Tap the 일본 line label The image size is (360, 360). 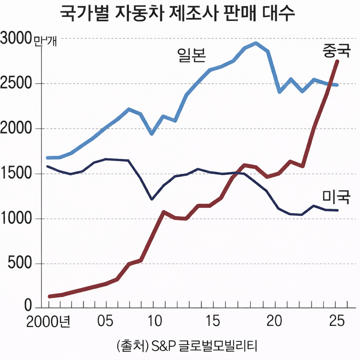click(191, 56)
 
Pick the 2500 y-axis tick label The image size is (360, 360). click(17, 84)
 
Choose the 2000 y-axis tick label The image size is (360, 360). click(17, 129)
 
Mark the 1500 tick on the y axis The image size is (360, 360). click(17, 174)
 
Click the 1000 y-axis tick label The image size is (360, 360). click(17, 219)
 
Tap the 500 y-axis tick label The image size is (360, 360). click(21, 264)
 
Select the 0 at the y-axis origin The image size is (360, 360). click(28, 308)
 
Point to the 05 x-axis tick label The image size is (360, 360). click(105, 322)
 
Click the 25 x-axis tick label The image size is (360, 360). click(336, 322)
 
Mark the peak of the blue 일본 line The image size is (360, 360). click(256, 43)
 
